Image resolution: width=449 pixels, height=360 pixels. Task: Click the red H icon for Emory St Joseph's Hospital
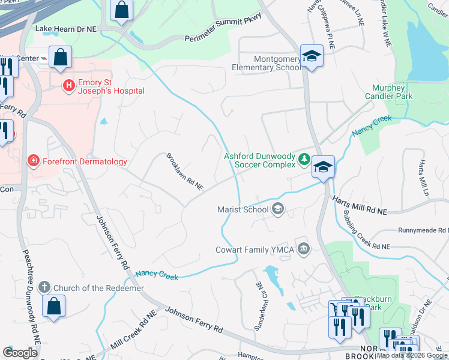69,85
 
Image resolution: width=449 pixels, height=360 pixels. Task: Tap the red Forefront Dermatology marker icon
34,161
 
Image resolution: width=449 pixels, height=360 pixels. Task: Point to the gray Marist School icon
277,209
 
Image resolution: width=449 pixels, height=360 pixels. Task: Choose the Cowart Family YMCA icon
304,249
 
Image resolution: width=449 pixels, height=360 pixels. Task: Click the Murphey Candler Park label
388,92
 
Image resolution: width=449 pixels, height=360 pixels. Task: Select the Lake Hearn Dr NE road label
65,28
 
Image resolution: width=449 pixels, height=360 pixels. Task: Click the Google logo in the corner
20,353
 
